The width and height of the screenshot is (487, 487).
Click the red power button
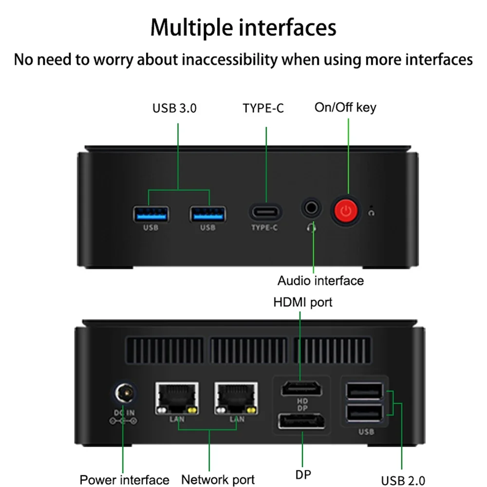tap(346, 211)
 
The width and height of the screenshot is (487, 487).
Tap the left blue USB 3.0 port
tap(151, 213)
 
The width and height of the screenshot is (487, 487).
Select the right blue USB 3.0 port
tap(208, 213)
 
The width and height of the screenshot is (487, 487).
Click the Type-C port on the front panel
tap(265, 212)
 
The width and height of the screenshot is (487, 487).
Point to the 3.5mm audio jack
tap(312, 208)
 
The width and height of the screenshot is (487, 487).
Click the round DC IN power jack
tap(124, 393)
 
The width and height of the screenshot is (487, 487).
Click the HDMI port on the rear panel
tap(301, 390)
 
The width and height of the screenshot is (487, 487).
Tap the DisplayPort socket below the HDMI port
tap(302, 422)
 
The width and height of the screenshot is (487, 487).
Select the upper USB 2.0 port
tap(363, 390)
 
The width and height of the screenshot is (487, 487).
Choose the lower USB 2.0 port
tap(363, 413)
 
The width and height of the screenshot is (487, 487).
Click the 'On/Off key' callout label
tap(345, 107)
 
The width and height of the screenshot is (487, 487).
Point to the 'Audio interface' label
tap(320, 281)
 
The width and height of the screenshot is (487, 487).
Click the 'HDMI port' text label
tap(302, 302)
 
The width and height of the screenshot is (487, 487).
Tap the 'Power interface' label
tap(124, 480)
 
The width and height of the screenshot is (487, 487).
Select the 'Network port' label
tap(218, 480)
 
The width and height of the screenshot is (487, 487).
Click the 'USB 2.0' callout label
tap(401, 480)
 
